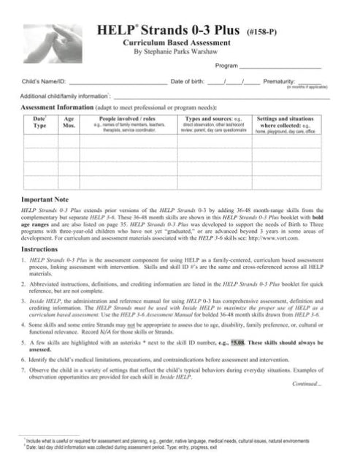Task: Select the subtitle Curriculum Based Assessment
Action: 177,44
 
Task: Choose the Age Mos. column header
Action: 69,120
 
